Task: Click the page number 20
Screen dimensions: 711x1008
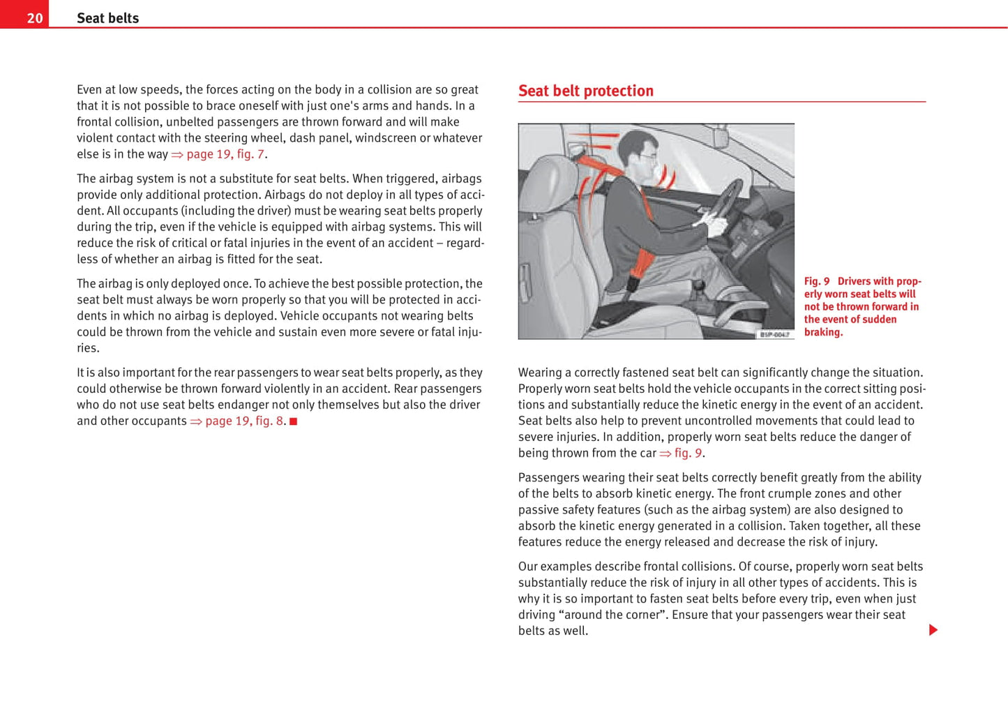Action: coord(34,18)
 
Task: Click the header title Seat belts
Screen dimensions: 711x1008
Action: coord(107,18)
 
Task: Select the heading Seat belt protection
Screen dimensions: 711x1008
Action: coord(585,91)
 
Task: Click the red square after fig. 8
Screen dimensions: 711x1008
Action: coord(294,421)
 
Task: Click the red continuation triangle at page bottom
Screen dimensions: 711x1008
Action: coord(933,630)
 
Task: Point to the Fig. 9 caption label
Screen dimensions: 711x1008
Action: coord(816,281)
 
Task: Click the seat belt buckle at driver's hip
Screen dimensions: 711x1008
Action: coord(634,283)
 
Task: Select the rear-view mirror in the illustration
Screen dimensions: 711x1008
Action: coord(720,135)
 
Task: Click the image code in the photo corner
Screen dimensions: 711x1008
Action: coord(774,335)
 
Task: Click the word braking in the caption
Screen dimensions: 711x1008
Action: coord(823,332)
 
